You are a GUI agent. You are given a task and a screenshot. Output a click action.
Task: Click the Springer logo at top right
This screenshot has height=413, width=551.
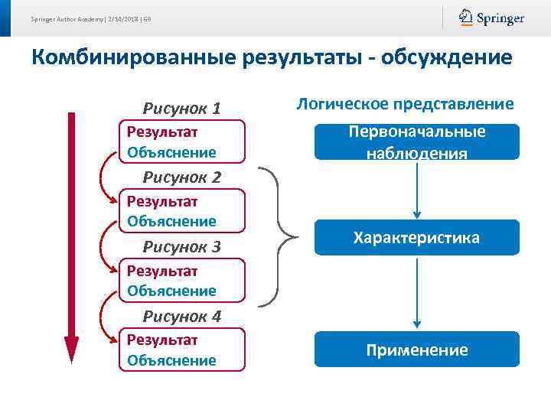point(491,18)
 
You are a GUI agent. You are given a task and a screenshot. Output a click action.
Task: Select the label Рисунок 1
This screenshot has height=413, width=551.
point(182,109)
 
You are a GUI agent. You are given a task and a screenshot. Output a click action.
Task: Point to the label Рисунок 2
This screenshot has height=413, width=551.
point(182,177)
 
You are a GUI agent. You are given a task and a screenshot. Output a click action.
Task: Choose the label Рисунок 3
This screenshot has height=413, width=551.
point(182,246)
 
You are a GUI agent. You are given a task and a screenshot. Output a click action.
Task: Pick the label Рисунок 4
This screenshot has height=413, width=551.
point(182,316)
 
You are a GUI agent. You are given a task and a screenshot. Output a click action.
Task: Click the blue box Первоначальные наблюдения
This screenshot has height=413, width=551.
point(416,141)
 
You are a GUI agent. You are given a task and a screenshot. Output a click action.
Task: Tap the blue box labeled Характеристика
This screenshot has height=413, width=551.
point(416,238)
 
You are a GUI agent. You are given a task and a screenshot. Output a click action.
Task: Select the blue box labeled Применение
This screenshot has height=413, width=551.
point(416,350)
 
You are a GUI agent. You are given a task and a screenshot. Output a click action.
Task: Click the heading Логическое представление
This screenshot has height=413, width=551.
point(405,104)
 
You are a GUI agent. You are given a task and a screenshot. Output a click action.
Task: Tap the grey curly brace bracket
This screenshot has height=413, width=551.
point(282,236)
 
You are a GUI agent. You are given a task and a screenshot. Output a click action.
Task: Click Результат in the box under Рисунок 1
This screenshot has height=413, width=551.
point(162,132)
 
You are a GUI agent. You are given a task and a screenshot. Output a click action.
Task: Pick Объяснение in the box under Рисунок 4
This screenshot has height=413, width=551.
point(171,359)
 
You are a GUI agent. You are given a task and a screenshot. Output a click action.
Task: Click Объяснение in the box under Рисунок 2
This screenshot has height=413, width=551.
point(171,221)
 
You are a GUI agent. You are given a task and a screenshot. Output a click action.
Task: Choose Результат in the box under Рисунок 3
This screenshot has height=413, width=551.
point(162,271)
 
